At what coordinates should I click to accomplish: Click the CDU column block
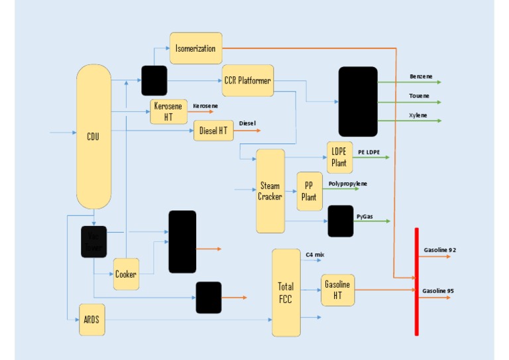click(x=93, y=137)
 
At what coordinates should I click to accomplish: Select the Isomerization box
click(x=196, y=48)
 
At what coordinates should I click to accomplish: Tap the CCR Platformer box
click(x=248, y=80)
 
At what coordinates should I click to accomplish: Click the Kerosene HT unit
click(x=168, y=111)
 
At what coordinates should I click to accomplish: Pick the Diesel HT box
click(x=213, y=131)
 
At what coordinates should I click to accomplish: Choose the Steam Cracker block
click(x=270, y=191)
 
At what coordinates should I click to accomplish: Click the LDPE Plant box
click(x=339, y=158)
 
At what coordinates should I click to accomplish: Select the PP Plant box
click(x=309, y=191)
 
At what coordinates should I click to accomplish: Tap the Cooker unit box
click(x=126, y=274)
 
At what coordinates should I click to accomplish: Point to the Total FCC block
click(x=286, y=292)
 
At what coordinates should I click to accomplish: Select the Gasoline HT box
click(x=337, y=289)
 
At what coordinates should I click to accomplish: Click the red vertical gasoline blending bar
click(x=416, y=281)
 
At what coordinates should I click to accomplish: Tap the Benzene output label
click(x=421, y=76)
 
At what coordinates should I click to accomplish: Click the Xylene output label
click(x=418, y=115)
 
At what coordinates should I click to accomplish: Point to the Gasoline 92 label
click(x=439, y=250)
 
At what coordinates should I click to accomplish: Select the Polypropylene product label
click(x=347, y=183)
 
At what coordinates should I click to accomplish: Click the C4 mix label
click(x=314, y=255)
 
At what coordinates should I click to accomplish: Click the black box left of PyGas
click(x=340, y=221)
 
